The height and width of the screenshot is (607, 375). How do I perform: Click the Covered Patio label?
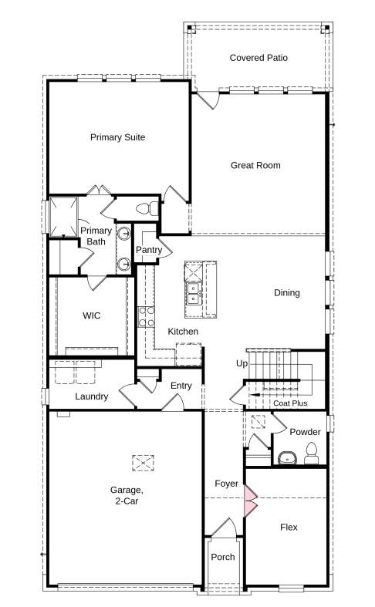(x=258, y=58)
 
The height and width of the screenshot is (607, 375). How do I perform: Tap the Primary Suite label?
(x=117, y=137)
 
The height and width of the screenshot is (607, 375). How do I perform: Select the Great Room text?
(x=255, y=165)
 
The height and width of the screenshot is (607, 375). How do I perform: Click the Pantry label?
(x=148, y=250)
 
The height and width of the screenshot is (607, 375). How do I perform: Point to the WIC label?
(x=92, y=315)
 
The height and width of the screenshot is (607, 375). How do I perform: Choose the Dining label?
(x=287, y=293)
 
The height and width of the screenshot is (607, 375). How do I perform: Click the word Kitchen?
(x=183, y=332)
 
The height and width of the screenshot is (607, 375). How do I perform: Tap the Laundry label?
(x=91, y=396)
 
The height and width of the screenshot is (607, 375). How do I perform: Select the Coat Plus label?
(x=289, y=403)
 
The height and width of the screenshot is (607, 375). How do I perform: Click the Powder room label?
(x=305, y=432)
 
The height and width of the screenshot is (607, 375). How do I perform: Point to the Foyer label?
(x=226, y=484)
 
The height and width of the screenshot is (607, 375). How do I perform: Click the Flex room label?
(x=288, y=528)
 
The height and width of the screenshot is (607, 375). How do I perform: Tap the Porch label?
(x=223, y=558)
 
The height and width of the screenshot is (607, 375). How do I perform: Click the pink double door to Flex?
(x=249, y=499)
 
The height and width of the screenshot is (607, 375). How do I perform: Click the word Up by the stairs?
(x=242, y=363)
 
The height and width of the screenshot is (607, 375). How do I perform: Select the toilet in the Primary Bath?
(x=144, y=208)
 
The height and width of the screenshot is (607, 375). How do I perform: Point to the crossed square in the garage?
(x=143, y=463)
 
